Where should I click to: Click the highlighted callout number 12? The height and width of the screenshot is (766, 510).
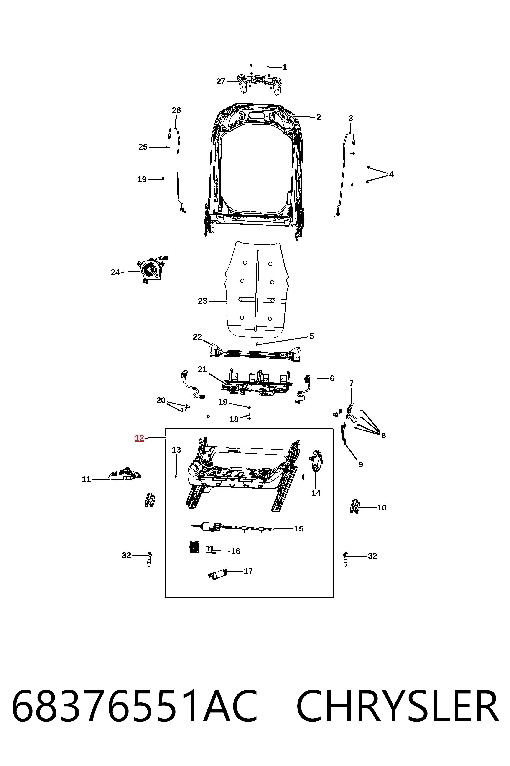pos(139,438)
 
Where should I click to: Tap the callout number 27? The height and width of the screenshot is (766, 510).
pos(221,81)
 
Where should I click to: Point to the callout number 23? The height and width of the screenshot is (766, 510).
pos(202,301)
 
